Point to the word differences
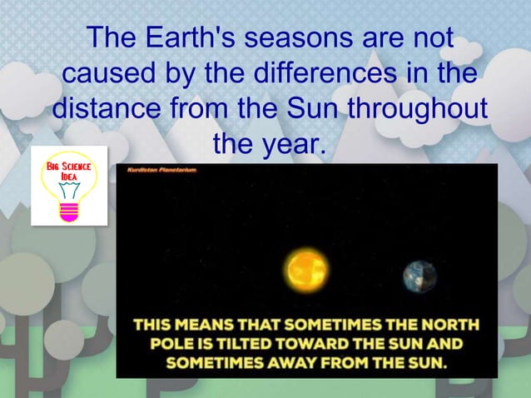(342, 74)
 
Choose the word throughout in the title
(416, 110)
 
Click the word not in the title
(427, 38)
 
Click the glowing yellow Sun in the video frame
(307, 271)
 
